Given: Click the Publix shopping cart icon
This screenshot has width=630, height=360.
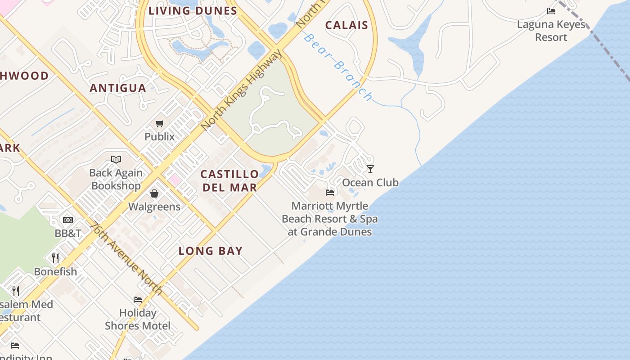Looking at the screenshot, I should coord(159,123).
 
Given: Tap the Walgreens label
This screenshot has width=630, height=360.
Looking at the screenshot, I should coord(154,207).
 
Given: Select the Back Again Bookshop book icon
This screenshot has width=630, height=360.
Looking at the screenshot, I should coord(116,159).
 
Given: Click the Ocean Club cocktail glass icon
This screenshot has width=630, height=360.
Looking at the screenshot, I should coord(370,169).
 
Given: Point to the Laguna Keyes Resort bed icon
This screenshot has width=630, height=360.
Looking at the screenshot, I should coord(551,11).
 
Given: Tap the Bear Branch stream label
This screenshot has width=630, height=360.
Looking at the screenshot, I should coord(338,67).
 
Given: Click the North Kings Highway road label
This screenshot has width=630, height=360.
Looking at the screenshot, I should coord(242,90).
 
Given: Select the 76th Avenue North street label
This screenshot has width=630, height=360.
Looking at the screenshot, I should coord(126,259).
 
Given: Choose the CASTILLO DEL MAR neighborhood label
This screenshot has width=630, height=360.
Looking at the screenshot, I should coord(230,181).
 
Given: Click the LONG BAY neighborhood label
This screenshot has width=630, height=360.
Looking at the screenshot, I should coord(211,251).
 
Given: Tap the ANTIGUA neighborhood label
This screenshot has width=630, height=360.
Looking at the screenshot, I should coord(118,88).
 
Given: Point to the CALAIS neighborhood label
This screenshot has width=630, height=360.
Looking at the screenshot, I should coord(346,25).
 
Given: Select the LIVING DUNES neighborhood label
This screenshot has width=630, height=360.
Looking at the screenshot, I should coord(193,11).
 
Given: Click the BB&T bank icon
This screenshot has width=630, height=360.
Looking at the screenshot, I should coord(68,220).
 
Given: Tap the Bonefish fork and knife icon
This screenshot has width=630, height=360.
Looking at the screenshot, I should coord(55,258).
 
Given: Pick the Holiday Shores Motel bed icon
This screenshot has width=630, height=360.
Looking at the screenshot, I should coord(138,299).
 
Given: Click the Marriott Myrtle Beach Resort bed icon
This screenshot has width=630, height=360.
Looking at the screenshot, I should coord(330,193).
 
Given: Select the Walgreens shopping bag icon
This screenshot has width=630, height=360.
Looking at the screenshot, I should coord(154,193).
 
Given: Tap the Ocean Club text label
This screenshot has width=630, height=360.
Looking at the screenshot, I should coord(370,182).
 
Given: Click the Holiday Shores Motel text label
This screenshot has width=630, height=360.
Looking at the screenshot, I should coord(138,319).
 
